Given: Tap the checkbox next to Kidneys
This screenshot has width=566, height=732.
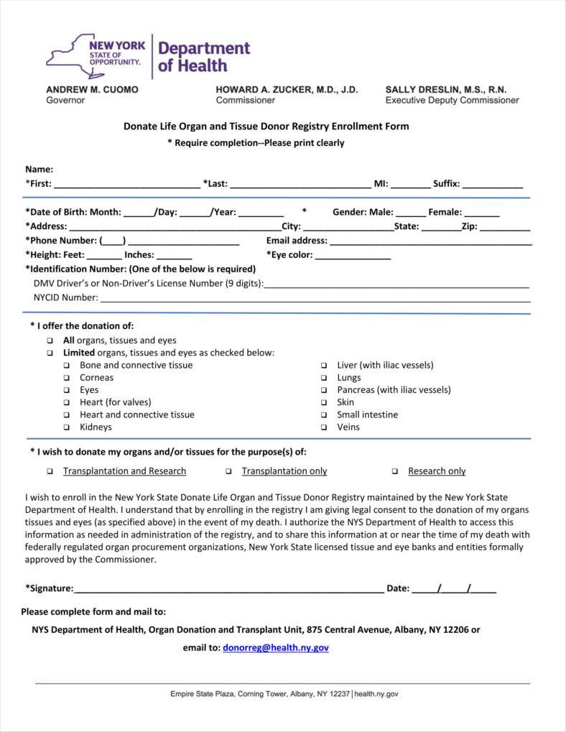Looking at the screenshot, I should pyautogui.click(x=66, y=427).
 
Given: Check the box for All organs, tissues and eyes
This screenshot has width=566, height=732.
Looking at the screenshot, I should pyautogui.click(x=50, y=340).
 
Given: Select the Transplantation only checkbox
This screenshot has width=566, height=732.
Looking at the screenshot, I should pyautogui.click(x=228, y=472).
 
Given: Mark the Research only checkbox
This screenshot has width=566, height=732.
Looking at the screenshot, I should pyautogui.click(x=395, y=472).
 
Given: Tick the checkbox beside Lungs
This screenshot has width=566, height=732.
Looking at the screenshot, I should pyautogui.click(x=324, y=378).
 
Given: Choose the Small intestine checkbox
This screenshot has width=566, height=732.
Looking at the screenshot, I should pyautogui.click(x=324, y=415).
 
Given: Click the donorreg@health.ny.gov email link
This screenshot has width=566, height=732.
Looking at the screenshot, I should pyautogui.click(x=276, y=647).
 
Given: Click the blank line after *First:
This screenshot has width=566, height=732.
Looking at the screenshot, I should pyautogui.click(x=127, y=185).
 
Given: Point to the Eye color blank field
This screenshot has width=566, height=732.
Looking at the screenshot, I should pyautogui.click(x=353, y=256).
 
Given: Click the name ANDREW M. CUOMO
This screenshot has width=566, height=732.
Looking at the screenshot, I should pyautogui.click(x=93, y=90).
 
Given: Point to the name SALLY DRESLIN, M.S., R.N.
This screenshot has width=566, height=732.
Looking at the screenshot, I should pyautogui.click(x=446, y=90).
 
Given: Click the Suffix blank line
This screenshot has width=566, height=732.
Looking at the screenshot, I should pyautogui.click(x=493, y=185).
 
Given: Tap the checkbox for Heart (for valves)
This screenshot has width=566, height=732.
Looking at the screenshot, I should pyautogui.click(x=66, y=403).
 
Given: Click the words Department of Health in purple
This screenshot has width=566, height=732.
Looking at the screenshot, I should pyautogui.click(x=204, y=57).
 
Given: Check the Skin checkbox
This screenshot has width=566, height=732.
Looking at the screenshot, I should pyautogui.click(x=324, y=403).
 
